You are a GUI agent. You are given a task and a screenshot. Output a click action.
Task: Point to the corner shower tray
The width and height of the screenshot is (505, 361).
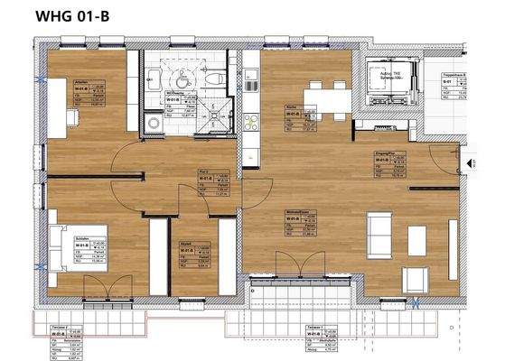[219, 117]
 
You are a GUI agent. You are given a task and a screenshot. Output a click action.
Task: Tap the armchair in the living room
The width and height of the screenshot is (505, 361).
[417, 239]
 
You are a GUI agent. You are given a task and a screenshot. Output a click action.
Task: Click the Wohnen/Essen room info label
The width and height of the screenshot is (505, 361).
[297, 220]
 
